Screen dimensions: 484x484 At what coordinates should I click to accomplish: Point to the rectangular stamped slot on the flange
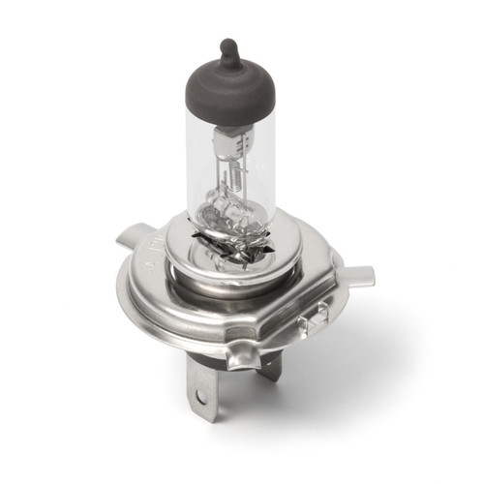(312, 318)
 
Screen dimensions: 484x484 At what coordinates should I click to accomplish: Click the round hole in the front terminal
(200, 396)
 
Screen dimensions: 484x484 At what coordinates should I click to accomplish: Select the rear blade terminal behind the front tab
(270, 366)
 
